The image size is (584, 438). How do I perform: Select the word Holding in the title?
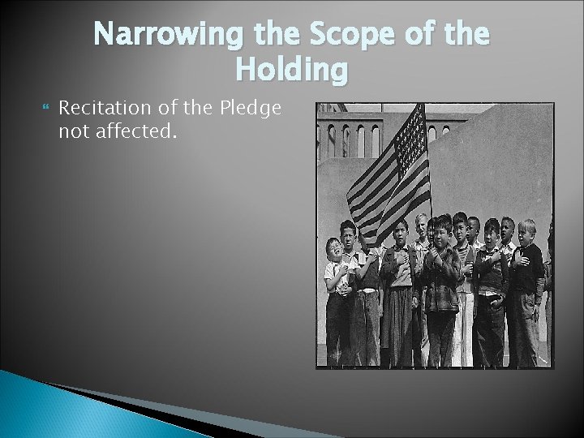tap(291, 71)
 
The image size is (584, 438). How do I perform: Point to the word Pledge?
tap(251, 108)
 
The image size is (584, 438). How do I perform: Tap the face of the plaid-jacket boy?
tap(441, 230)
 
